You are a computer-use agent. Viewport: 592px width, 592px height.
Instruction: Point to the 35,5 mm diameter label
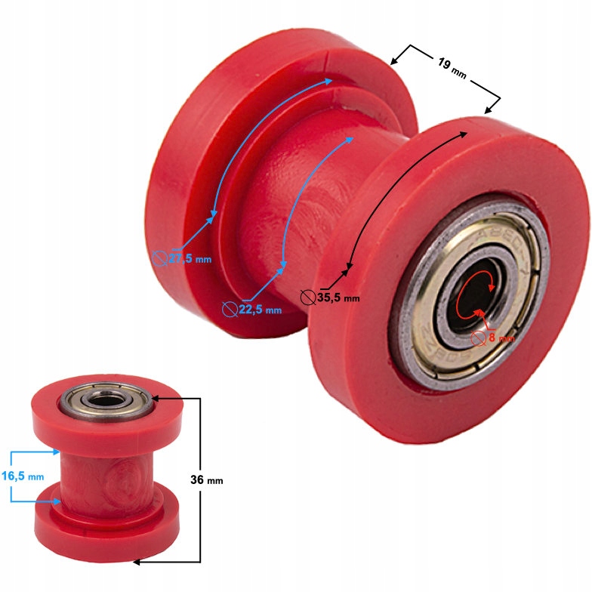pyautogui.click(x=338, y=298)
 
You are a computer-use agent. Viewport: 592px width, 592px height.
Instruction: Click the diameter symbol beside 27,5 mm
pyautogui.click(x=159, y=257)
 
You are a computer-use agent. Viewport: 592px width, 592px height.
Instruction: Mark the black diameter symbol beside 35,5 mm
pyautogui.click(x=307, y=297)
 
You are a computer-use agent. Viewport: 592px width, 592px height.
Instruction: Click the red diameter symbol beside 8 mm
pyautogui.click(x=478, y=338)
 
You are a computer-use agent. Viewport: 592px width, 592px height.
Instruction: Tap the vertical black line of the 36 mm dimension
pyautogui.click(x=199, y=479)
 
